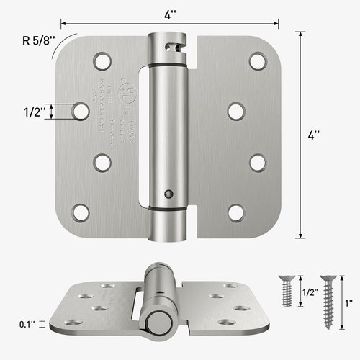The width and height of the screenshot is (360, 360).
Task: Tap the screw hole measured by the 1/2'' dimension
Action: pyautogui.click(x=81, y=110)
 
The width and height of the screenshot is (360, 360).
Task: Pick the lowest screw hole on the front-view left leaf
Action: pyautogui.click(x=81, y=212)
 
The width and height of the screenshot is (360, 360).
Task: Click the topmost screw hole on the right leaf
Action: pyautogui.click(x=256, y=60)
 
